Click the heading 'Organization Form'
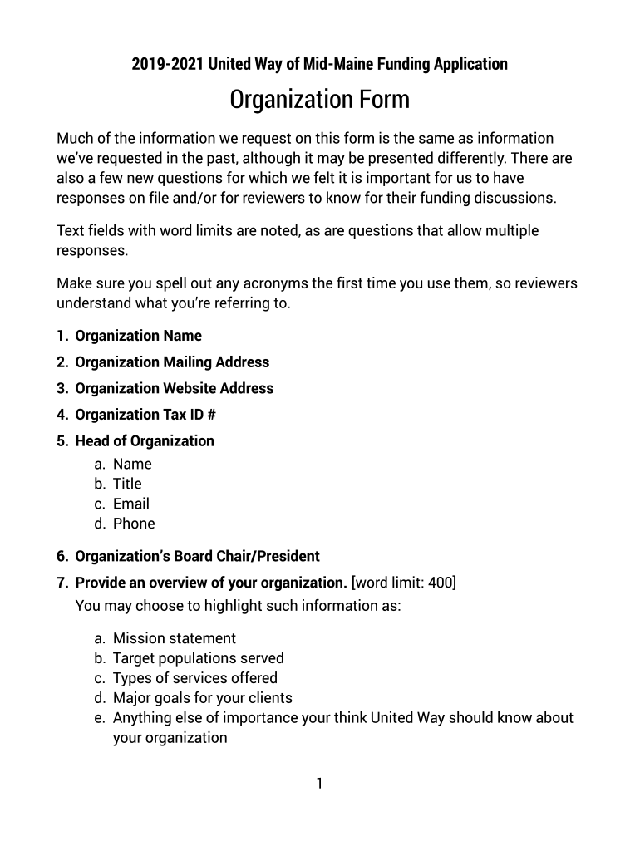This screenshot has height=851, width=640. click(x=319, y=101)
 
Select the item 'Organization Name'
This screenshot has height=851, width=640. click(x=138, y=336)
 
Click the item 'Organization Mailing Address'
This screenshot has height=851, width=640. click(x=172, y=362)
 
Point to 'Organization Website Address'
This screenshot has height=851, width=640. click(x=174, y=388)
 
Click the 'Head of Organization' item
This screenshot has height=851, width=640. click(x=145, y=440)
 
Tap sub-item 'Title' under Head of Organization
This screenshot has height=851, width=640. click(x=127, y=484)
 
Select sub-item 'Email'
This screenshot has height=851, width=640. click(x=131, y=504)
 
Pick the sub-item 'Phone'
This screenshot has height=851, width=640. click(x=134, y=524)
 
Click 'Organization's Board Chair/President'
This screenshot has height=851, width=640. click(x=197, y=556)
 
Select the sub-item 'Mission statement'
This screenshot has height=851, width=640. click(x=175, y=638)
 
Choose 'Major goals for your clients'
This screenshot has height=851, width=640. click(x=203, y=698)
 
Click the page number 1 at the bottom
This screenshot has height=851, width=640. click(x=319, y=784)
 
